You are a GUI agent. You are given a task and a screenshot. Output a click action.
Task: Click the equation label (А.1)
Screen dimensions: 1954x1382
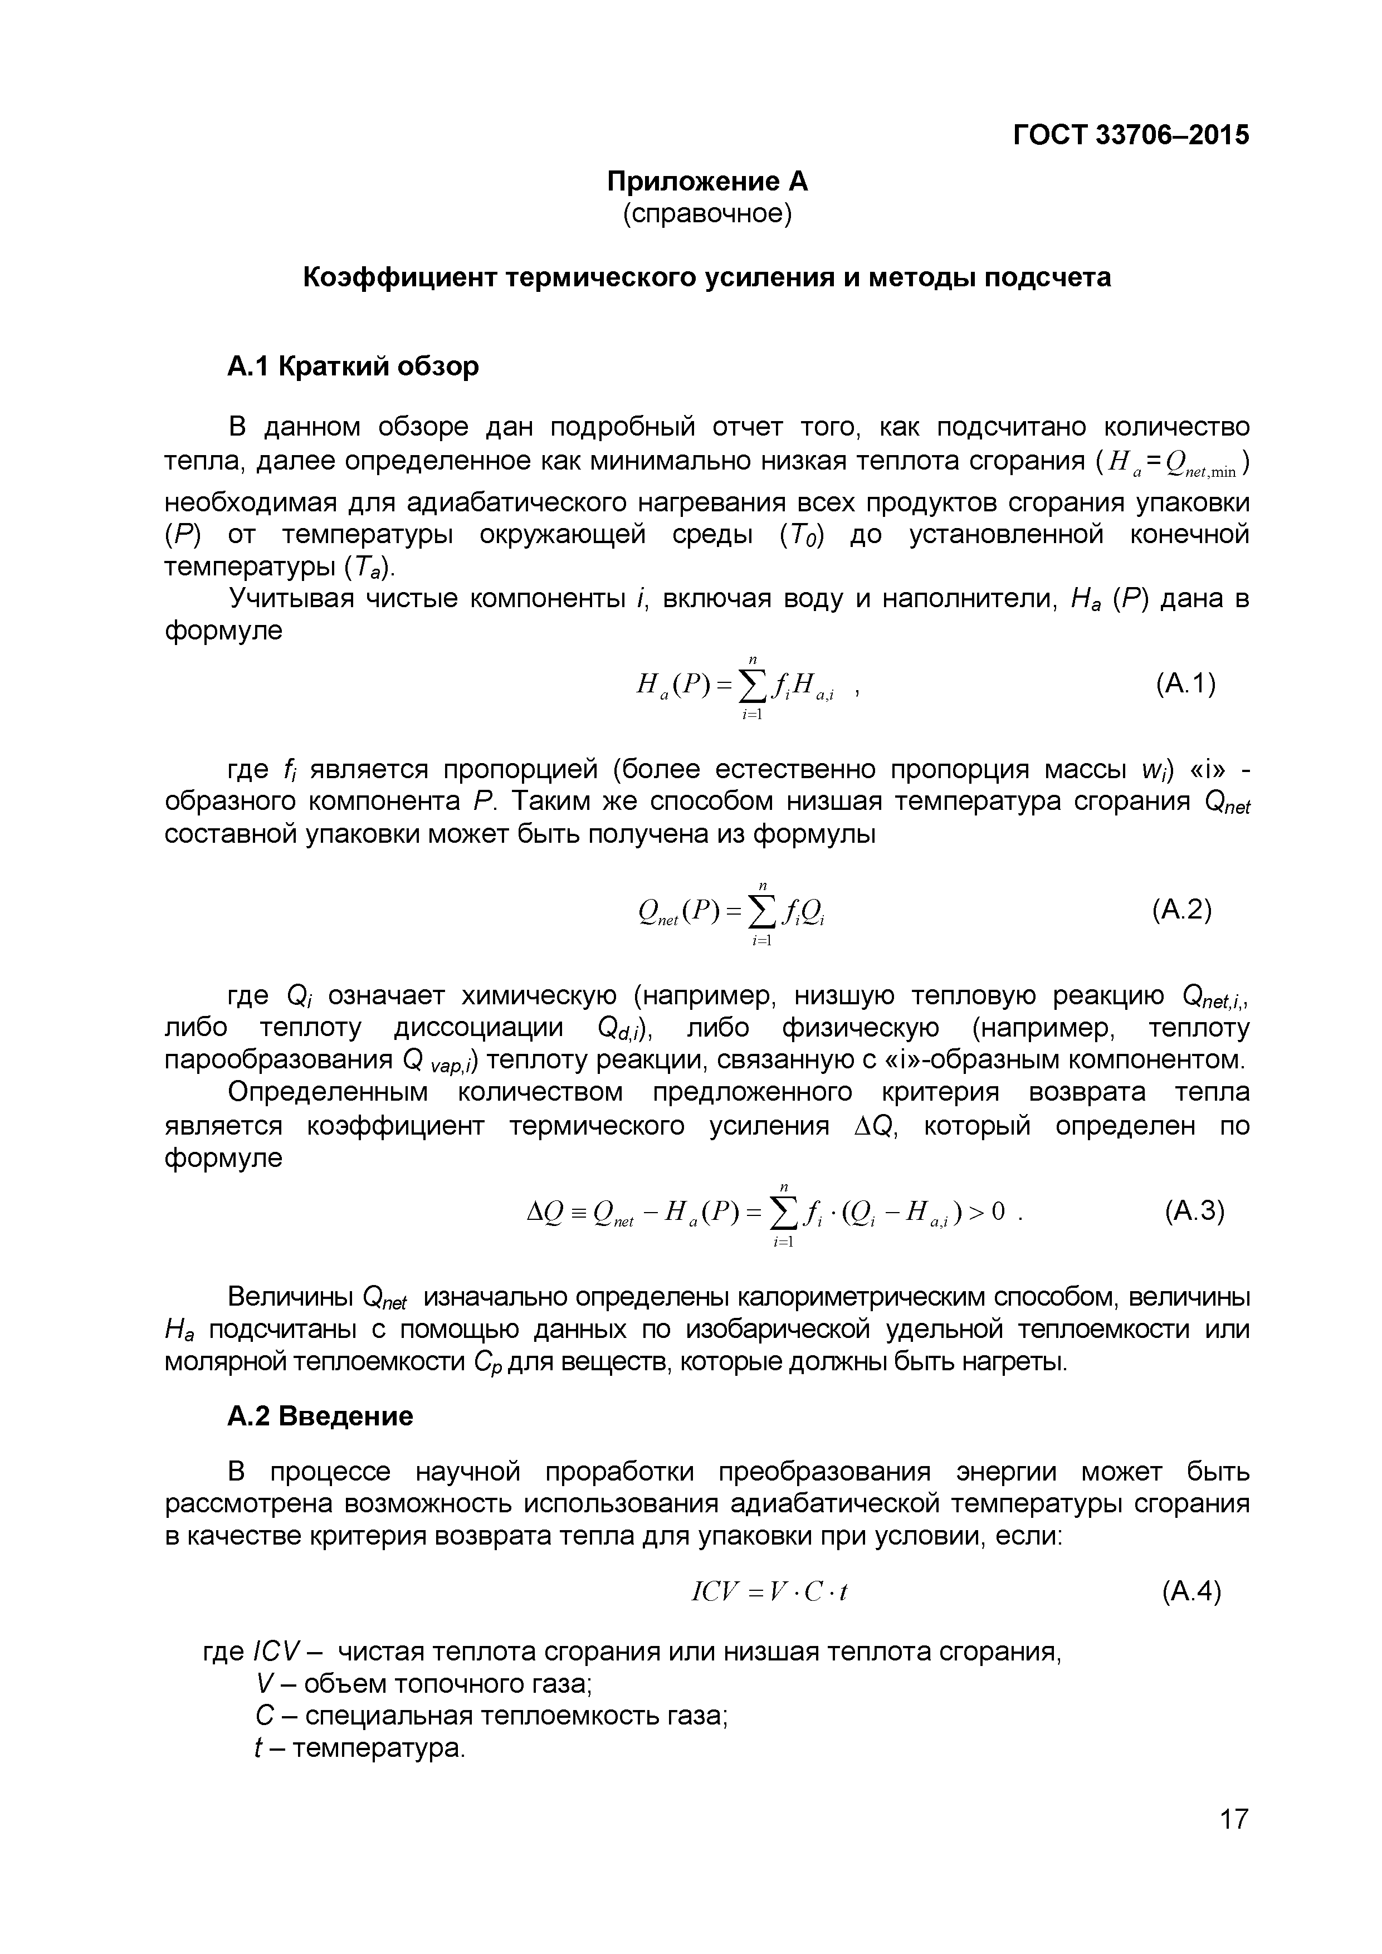point(1185,683)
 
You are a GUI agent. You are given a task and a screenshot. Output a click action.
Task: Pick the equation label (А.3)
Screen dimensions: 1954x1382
point(1194,1210)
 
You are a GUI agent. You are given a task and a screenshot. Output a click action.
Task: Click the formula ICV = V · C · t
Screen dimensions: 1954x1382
point(770,1592)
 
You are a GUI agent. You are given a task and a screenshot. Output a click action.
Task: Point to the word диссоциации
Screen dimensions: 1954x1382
point(478,1028)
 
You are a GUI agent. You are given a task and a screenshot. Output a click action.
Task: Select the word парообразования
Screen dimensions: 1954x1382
point(279,1061)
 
